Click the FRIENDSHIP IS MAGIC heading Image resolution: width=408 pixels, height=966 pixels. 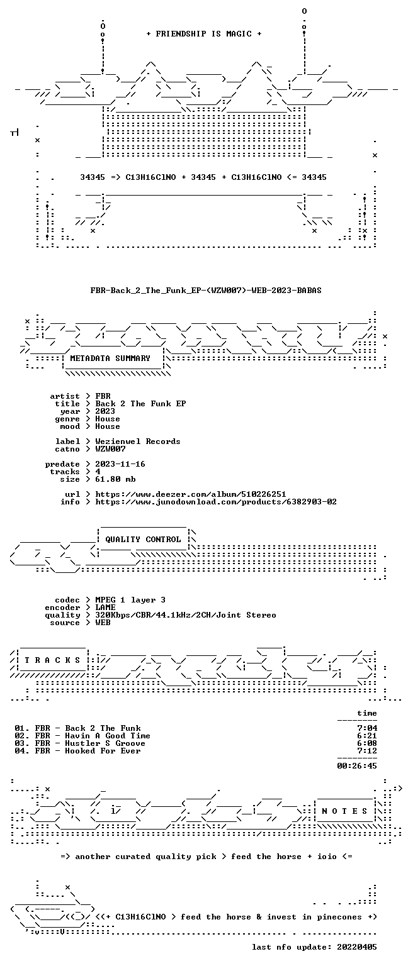204,33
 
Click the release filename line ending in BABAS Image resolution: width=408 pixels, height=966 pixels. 206,290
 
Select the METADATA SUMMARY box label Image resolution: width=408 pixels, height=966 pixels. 110,358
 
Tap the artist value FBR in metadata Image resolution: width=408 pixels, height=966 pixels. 103,396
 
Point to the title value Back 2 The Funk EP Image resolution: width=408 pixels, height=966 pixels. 141,404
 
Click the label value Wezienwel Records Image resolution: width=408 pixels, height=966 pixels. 138,441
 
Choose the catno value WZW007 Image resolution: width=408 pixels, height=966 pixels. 111,449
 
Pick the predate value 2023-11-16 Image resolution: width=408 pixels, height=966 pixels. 120,464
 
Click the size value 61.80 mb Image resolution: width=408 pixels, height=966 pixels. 115,479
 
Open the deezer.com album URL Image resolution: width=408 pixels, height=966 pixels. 190,494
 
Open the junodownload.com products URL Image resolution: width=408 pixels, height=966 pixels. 216,501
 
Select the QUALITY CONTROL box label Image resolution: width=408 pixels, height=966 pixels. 143,539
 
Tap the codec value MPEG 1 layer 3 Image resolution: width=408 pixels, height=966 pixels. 130,600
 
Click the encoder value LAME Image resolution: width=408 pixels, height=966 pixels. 105,607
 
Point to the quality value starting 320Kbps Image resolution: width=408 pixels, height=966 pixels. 186,615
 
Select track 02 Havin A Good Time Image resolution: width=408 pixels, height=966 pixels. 82,736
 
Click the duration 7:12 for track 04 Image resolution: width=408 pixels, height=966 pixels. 367,751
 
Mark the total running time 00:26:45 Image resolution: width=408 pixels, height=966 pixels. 357,766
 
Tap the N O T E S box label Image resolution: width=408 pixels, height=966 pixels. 344,811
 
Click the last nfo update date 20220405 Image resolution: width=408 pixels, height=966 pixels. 356,947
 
